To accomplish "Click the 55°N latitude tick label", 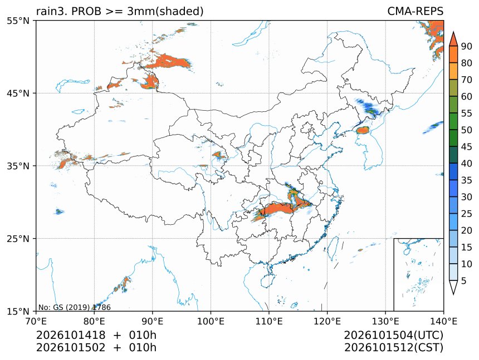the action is [18, 21].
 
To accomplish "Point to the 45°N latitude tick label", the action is [18, 93].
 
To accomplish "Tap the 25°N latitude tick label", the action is [18, 239].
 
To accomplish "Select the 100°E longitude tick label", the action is [211, 321].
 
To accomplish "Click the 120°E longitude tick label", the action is [327, 321].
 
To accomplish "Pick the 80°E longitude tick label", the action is [94, 321].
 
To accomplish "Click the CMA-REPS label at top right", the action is [415, 11].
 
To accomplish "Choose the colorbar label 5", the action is [464, 281].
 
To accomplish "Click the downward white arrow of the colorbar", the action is [453, 288].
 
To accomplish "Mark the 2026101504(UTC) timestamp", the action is [393, 336].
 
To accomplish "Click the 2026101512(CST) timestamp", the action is [393, 348].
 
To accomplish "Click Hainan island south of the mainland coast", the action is [268, 281].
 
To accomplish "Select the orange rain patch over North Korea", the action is [363, 130].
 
